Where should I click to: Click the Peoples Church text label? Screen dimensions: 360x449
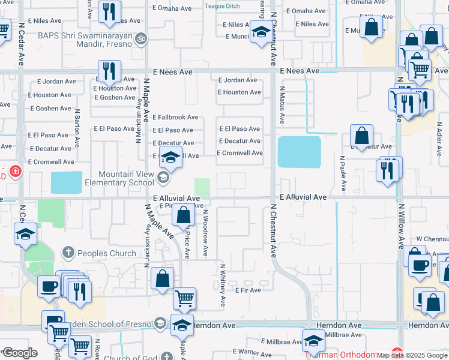click(x=106, y=253)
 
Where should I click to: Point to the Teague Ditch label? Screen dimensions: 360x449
click(x=222, y=6)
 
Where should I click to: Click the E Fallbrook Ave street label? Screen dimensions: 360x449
click(x=175, y=118)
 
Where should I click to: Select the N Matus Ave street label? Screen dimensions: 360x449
click(x=282, y=105)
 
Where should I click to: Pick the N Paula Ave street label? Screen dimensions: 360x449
click(x=342, y=173)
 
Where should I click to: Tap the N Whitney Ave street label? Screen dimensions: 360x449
click(x=222, y=286)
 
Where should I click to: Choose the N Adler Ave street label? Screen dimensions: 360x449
click(x=439, y=136)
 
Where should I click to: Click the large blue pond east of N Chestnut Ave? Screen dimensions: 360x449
click(x=299, y=152)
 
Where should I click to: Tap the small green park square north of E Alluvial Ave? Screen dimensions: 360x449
click(x=203, y=187)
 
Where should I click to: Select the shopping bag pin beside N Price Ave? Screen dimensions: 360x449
click(x=184, y=214)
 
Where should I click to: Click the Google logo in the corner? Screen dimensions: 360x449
click(x=19, y=353)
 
